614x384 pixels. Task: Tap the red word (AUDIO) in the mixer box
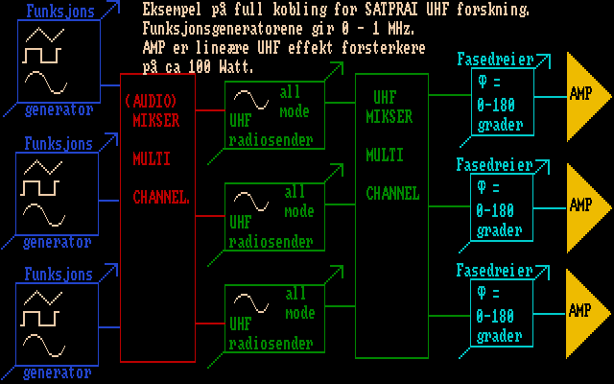[152, 100]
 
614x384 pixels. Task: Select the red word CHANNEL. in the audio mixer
[161, 198]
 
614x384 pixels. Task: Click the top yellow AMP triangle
[583, 95]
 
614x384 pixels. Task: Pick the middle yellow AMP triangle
[583, 204]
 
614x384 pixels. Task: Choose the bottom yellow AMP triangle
[583, 310]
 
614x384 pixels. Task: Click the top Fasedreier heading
[494, 60]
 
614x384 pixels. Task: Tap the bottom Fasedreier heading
[494, 271]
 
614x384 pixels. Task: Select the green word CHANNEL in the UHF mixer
[392, 193]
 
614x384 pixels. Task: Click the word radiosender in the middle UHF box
[271, 242]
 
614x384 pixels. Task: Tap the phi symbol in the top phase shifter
[483, 81]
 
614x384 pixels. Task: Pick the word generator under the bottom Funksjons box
[58, 372]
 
